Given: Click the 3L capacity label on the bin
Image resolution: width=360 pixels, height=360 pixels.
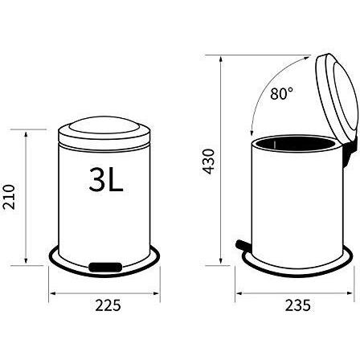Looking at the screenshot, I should [107, 179].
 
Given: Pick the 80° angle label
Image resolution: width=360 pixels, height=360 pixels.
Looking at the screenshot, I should [282, 94].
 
